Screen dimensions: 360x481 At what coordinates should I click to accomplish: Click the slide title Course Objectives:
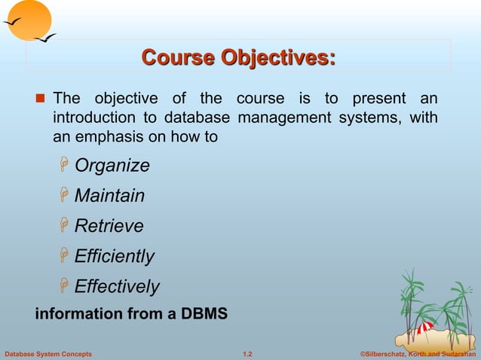(238, 57)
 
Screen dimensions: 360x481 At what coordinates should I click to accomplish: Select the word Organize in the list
(112, 166)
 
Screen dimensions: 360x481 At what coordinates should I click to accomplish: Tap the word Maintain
(109, 196)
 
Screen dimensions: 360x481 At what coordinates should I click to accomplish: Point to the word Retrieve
(109, 226)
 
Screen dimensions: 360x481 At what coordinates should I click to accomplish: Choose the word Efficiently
(114, 256)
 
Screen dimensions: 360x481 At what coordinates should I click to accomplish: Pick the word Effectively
(117, 286)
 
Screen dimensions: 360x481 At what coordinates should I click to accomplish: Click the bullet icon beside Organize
(65, 166)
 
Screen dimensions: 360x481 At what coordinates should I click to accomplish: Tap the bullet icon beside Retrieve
(65, 226)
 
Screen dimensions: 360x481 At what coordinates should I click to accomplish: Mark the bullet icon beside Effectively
(65, 286)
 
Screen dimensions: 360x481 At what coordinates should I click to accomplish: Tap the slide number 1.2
(247, 353)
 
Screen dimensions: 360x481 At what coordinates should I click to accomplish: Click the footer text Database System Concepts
(48, 353)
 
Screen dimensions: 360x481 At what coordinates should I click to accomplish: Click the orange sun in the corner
(26, 20)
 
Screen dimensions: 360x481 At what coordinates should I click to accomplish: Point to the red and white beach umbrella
(424, 328)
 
